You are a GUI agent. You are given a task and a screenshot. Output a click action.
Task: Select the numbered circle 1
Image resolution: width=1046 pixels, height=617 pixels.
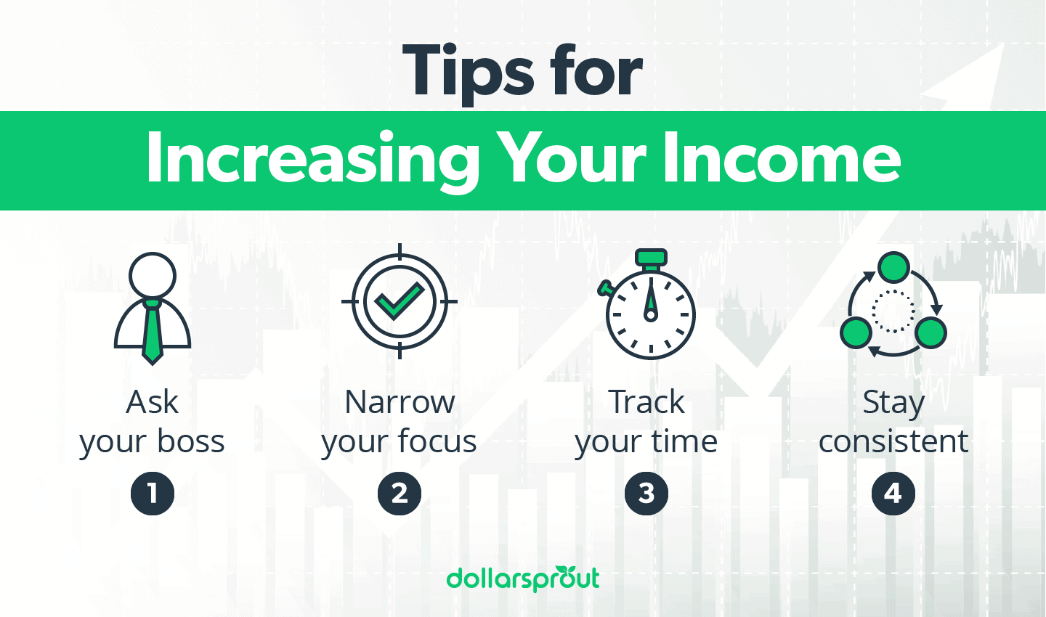click(x=153, y=494)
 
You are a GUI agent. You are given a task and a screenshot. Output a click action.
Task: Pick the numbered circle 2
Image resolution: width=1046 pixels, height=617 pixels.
click(x=400, y=494)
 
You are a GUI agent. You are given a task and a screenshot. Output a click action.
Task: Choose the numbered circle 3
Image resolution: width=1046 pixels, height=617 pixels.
click(x=646, y=494)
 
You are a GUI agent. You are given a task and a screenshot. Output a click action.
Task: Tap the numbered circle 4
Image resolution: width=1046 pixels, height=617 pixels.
click(x=893, y=494)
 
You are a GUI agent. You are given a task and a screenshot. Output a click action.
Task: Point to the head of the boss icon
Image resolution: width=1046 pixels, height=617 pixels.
click(x=153, y=276)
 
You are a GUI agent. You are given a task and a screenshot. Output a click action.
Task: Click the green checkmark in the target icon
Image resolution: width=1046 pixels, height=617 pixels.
click(x=399, y=301)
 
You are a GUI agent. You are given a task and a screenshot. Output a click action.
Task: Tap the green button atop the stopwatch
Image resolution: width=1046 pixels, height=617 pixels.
click(x=651, y=257)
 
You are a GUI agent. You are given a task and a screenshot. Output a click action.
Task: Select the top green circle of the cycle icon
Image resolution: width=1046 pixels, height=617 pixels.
click(x=893, y=268)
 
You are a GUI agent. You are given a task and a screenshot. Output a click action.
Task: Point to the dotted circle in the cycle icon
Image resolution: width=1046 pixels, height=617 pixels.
click(x=893, y=311)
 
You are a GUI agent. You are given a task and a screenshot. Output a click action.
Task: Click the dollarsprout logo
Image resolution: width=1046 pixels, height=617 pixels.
click(x=523, y=579)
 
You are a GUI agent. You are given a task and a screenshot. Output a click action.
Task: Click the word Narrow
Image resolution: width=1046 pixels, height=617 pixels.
click(x=400, y=402)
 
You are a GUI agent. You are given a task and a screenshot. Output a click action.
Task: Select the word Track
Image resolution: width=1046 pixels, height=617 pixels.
click(x=646, y=402)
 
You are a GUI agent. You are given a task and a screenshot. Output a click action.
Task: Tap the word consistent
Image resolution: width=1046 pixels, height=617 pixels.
click(x=893, y=441)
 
